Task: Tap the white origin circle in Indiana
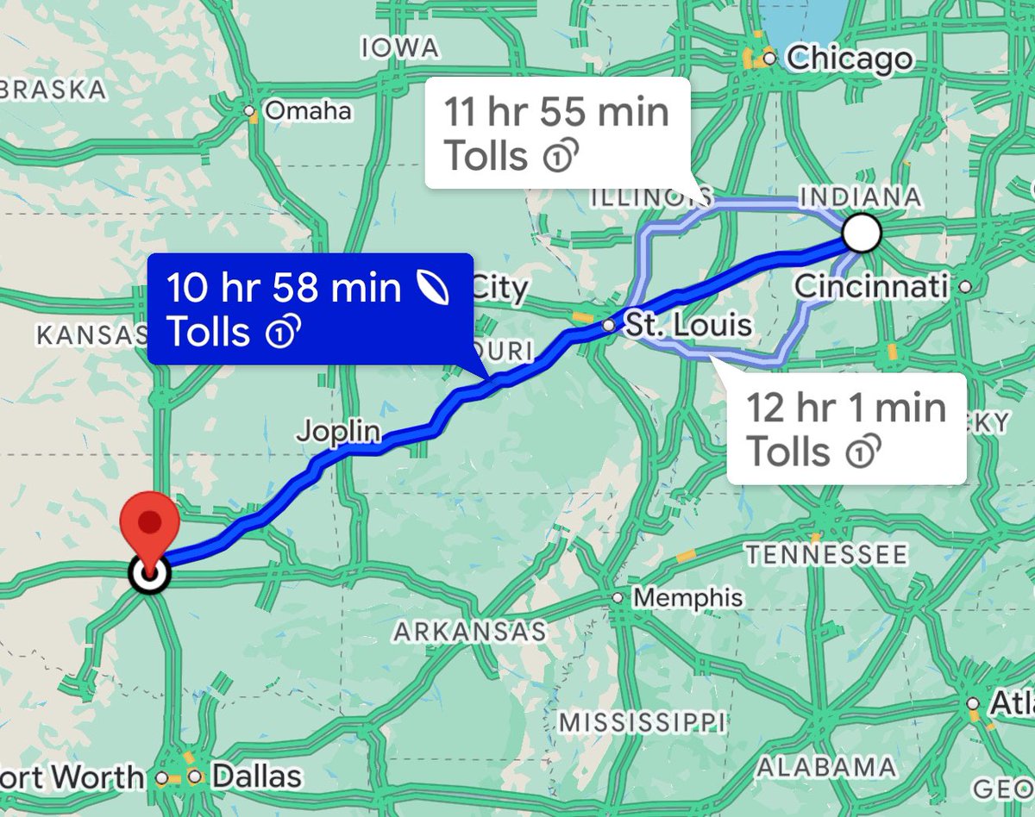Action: [x=862, y=233]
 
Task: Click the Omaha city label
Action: [x=307, y=111]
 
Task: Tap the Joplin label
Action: [x=339, y=430]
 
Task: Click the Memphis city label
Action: [x=687, y=597]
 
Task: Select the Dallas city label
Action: [x=256, y=776]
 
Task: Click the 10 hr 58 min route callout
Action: [x=310, y=309]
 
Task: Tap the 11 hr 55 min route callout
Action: [x=556, y=133]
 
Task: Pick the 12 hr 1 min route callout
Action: [x=845, y=428]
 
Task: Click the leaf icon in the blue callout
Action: [x=430, y=289]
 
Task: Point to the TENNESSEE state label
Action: [x=826, y=553]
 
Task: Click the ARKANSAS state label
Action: [x=470, y=632]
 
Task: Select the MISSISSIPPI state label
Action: [x=643, y=720]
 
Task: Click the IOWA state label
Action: [x=400, y=47]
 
